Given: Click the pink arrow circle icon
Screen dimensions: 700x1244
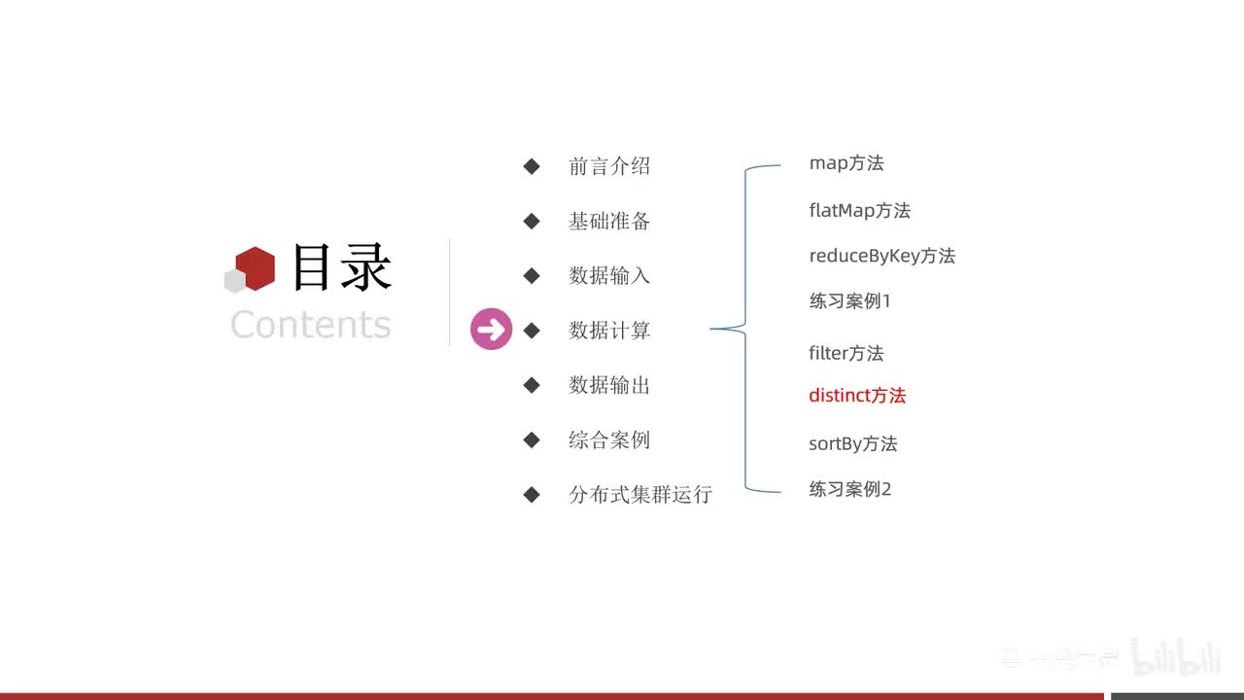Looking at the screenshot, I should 492,330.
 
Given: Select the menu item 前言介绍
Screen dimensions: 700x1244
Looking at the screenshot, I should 609,166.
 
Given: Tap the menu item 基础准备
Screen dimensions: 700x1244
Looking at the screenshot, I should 609,221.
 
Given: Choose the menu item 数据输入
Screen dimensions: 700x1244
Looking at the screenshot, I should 609,275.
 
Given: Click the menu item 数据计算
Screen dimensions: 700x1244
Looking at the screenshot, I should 609,331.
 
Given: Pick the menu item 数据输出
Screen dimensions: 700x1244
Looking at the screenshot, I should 609,385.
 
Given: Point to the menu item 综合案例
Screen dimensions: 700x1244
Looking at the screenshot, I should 609,439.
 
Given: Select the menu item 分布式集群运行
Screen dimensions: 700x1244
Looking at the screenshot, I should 640,494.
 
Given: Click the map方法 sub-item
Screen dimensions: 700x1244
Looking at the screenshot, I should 847,163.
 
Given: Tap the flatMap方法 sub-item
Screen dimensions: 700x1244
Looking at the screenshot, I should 859,210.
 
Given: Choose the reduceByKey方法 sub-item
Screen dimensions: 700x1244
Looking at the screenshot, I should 881,256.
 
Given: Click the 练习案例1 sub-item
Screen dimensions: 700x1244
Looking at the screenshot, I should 849,301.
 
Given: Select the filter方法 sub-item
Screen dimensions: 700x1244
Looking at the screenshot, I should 846,353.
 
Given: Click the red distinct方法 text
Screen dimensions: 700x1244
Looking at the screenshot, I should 857,396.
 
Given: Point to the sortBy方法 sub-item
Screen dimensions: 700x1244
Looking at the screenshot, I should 852,444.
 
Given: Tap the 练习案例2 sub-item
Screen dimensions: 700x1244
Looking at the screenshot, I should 849,489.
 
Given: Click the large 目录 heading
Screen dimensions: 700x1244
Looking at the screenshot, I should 341,267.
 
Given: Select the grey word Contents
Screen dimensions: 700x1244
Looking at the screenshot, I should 310,324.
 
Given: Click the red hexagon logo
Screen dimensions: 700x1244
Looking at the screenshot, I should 256,268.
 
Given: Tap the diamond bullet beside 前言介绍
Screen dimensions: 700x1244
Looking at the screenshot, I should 532,166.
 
